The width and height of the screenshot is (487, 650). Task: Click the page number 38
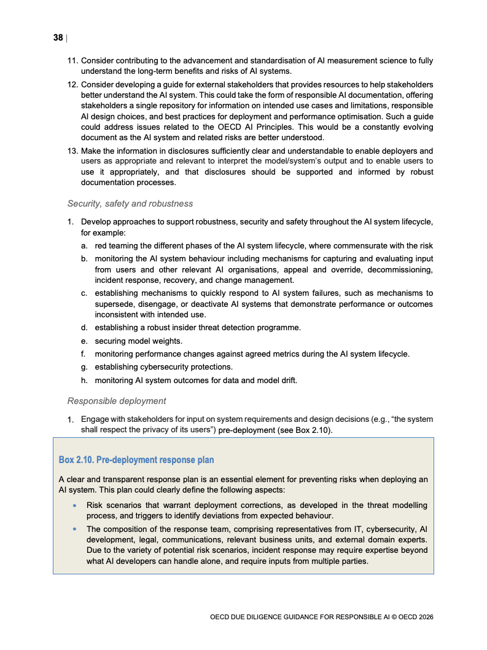(x=58, y=38)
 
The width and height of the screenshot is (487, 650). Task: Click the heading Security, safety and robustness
(x=130, y=204)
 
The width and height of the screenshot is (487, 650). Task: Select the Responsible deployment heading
(x=117, y=401)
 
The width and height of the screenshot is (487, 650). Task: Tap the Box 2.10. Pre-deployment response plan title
(x=136, y=460)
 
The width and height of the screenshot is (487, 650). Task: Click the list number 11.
(x=72, y=61)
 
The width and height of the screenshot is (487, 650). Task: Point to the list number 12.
(x=72, y=84)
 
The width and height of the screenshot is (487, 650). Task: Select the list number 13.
(x=72, y=151)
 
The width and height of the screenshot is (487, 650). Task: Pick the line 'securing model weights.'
(x=138, y=341)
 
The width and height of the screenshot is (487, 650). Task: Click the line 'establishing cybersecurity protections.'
(x=163, y=367)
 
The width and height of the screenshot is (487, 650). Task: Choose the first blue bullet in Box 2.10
(x=74, y=505)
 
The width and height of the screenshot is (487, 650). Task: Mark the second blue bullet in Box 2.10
(x=74, y=529)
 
